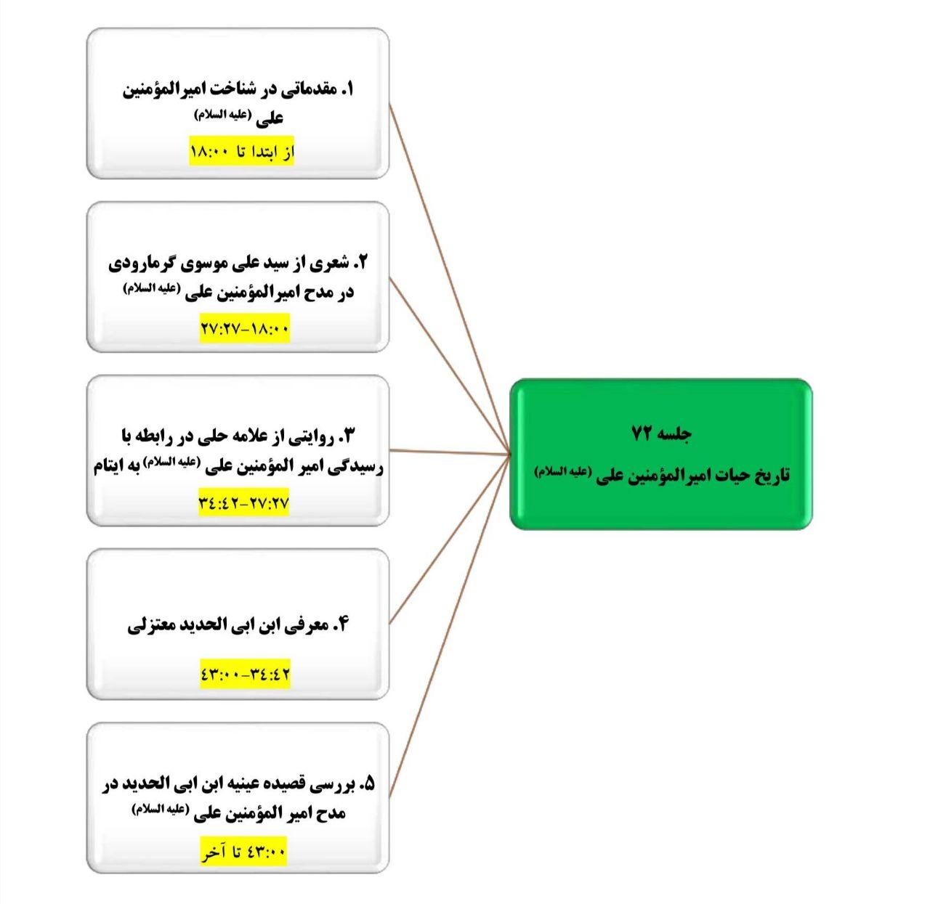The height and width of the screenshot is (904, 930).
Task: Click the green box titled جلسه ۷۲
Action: click(x=661, y=454)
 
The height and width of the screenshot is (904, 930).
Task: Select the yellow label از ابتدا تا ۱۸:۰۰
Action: click(x=242, y=152)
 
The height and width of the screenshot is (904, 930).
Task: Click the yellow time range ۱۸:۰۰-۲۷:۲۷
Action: click(x=245, y=328)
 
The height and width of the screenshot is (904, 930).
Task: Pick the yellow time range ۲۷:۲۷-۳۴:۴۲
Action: click(x=243, y=502)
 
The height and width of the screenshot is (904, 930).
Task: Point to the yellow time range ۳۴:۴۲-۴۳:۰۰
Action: click(x=245, y=674)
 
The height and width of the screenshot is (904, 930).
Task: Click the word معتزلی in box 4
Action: click(x=146, y=625)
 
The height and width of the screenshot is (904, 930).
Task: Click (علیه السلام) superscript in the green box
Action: click(x=563, y=471)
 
